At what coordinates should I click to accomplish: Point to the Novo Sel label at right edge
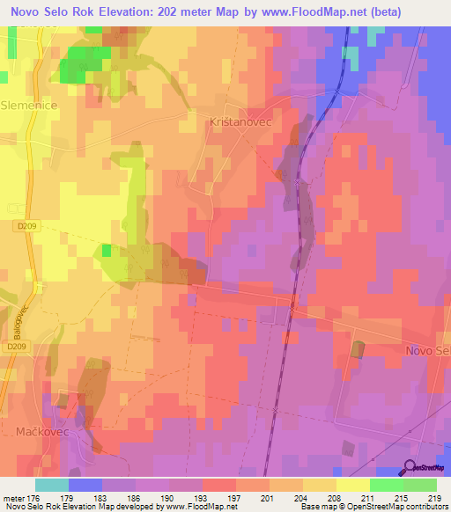[x=428, y=350]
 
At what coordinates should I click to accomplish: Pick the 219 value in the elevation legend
[x=432, y=498]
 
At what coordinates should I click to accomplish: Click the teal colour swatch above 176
[x=52, y=485]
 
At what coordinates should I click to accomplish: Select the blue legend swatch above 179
[x=85, y=485]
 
